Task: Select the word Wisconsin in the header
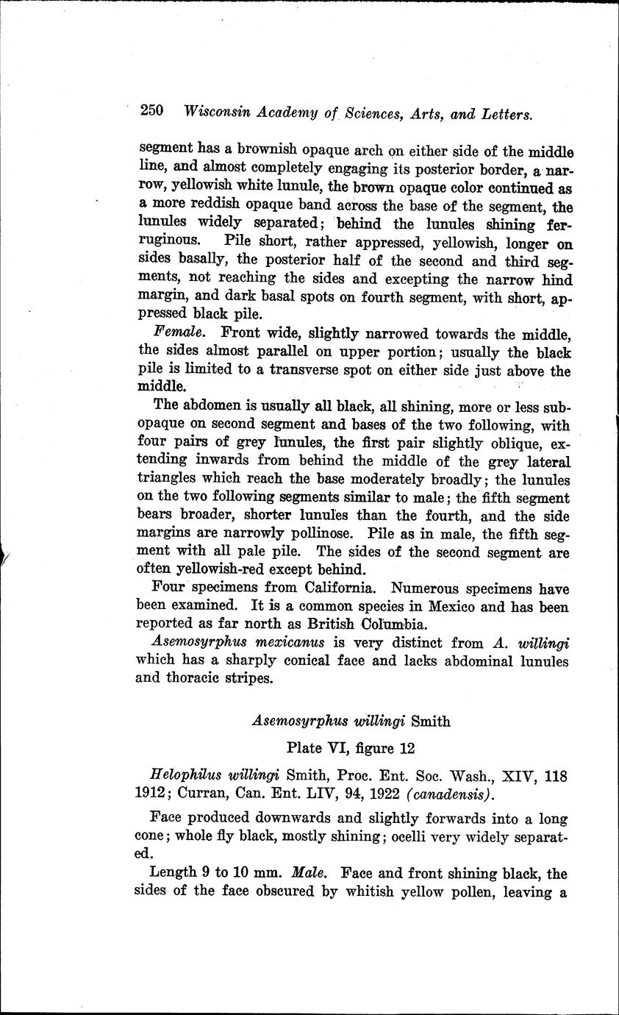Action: (x=217, y=113)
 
